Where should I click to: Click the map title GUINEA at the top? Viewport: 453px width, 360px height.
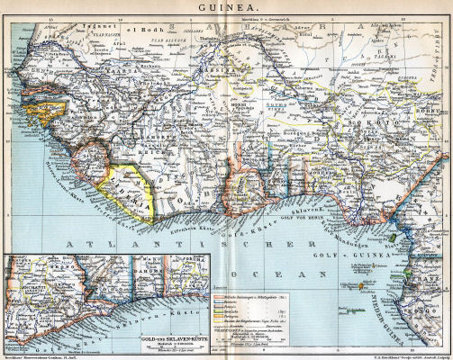click(226, 6)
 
